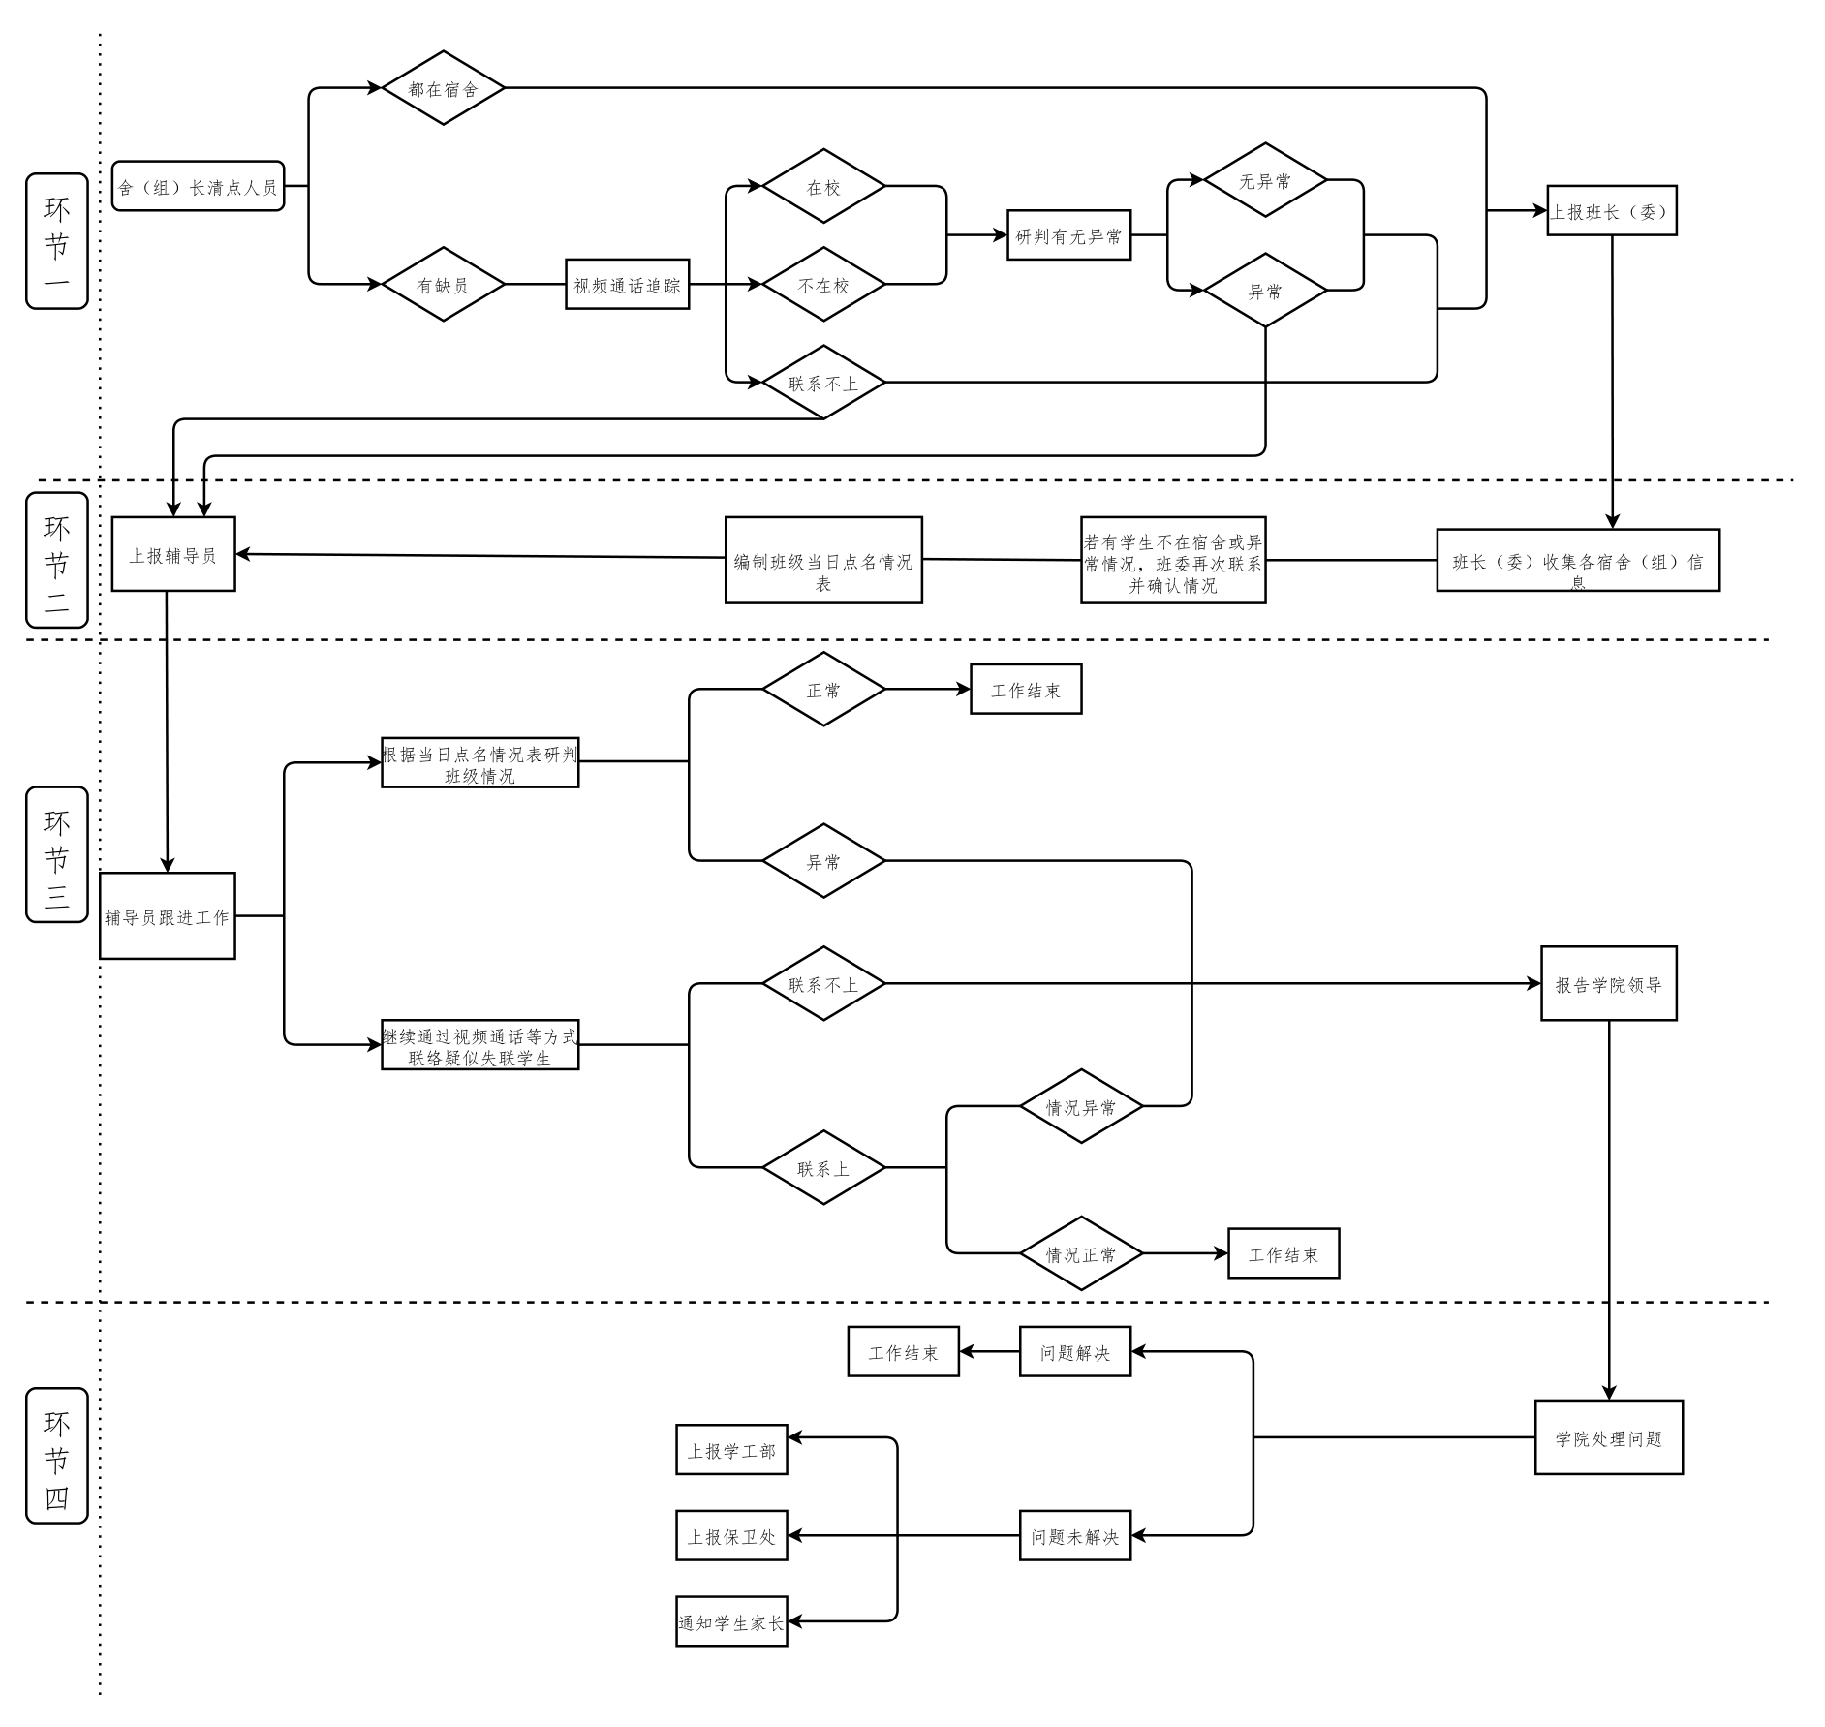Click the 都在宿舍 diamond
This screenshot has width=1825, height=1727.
pos(443,88)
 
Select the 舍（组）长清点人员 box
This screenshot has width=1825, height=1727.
pos(198,186)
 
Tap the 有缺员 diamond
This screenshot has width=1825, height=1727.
pos(443,285)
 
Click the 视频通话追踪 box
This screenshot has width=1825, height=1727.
pos(627,284)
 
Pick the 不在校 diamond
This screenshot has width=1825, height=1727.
pos(823,285)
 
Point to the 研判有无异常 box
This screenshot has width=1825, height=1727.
pos(1068,235)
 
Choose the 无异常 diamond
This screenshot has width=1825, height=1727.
pos(1265,180)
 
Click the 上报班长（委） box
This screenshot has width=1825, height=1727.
pos(1611,211)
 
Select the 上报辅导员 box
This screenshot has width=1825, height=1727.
pos(173,554)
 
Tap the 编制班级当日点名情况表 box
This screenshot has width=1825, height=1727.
pos(823,561)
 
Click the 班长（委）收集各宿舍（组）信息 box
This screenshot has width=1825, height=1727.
pos(1577,561)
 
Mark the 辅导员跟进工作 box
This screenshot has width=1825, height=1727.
pos(167,916)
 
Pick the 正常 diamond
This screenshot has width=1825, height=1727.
pos(823,690)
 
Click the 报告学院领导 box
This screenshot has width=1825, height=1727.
pos(1608,984)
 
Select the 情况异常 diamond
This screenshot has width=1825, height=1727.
pos(1081,1106)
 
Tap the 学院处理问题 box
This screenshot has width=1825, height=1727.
pos(1608,1438)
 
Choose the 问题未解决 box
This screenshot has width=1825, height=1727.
pos(1074,1536)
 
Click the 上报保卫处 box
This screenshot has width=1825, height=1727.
pos(731,1536)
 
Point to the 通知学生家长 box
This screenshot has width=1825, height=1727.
pos(731,1622)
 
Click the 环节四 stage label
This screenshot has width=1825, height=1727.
pos(57,1457)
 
